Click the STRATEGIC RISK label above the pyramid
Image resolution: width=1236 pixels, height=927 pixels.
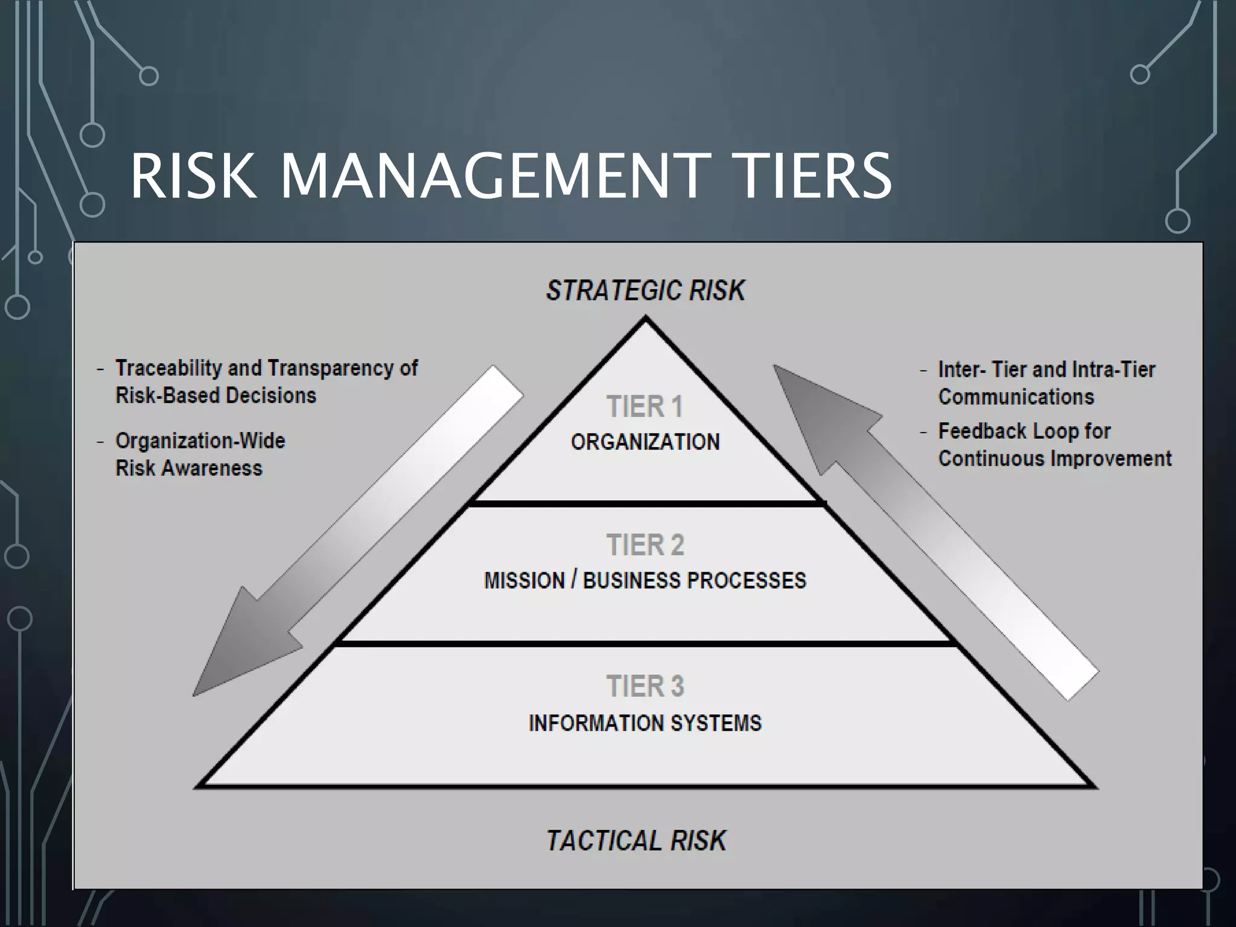(x=645, y=290)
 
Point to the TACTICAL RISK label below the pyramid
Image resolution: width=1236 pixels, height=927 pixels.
(x=636, y=840)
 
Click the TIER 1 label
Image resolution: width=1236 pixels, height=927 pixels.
(x=645, y=406)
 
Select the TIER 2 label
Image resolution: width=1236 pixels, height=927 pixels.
(x=645, y=545)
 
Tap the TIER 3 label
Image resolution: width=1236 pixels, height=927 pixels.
(x=645, y=686)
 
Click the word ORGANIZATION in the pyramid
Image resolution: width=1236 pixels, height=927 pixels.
(x=645, y=442)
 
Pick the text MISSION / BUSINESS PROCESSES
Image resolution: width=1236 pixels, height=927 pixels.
(x=645, y=581)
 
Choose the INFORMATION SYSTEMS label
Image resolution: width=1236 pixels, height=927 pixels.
(x=645, y=722)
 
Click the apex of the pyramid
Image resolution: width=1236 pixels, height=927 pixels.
(x=646, y=320)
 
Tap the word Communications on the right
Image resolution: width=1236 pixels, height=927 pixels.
(x=1016, y=397)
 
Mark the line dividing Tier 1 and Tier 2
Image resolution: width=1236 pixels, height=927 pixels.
(x=645, y=503)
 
